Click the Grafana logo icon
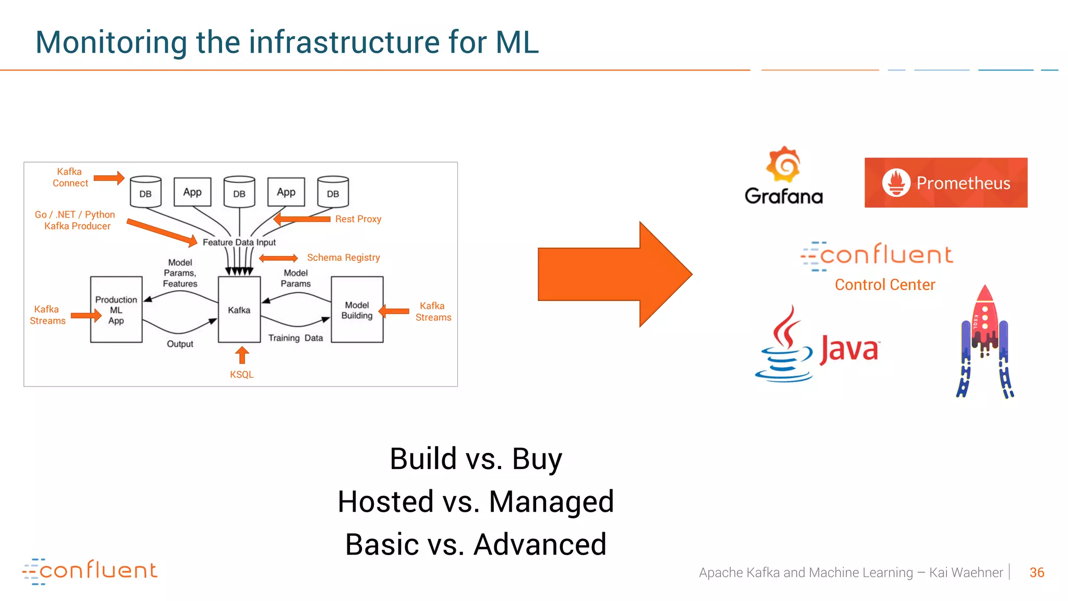pyautogui.click(x=783, y=164)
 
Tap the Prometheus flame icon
pyautogui.click(x=896, y=183)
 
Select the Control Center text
pyautogui.click(x=884, y=285)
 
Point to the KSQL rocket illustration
pyautogui.click(x=985, y=342)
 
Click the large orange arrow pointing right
pyautogui.click(x=614, y=274)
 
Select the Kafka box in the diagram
pyautogui.click(x=239, y=309)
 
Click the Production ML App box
pyautogui.click(x=116, y=310)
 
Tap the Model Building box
pyautogui.click(x=357, y=310)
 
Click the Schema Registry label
pyautogui.click(x=343, y=258)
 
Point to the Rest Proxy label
pyautogui.click(x=358, y=219)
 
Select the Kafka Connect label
pyautogui.click(x=70, y=177)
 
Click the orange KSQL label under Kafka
pyautogui.click(x=241, y=375)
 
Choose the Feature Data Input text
pyautogui.click(x=239, y=243)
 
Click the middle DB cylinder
pyautogui.click(x=239, y=193)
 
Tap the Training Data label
pyautogui.click(x=295, y=338)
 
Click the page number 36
pyautogui.click(x=1037, y=573)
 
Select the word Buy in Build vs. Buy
pyautogui.click(x=537, y=459)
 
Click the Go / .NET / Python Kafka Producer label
pyautogui.click(x=76, y=220)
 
